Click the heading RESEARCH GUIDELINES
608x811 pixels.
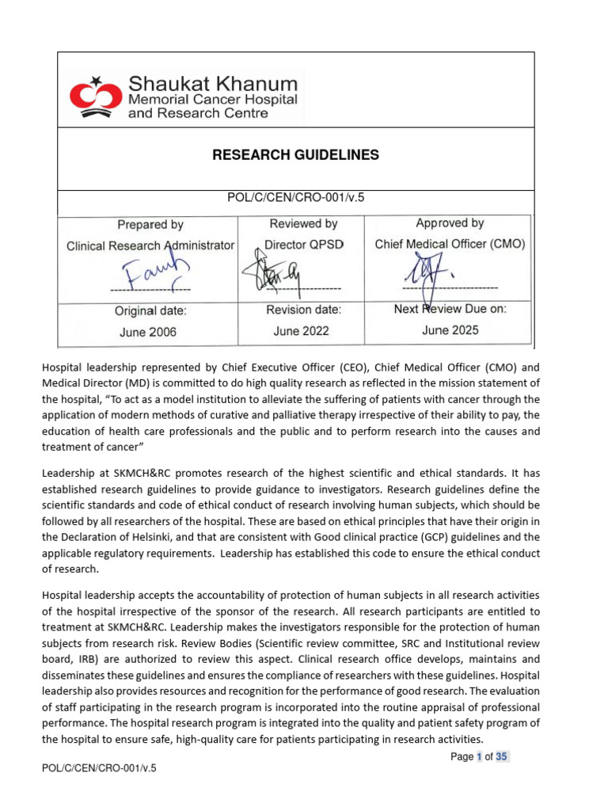pyautogui.click(x=295, y=155)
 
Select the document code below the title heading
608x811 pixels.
pyautogui.click(x=295, y=198)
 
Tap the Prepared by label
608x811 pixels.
pyautogui.click(x=150, y=225)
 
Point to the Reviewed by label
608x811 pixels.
pyautogui.click(x=303, y=224)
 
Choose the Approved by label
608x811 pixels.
pyautogui.click(x=450, y=223)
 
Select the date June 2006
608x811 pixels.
pyautogui.click(x=148, y=333)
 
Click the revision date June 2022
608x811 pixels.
pyautogui.click(x=301, y=331)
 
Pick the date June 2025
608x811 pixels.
pyautogui.click(x=450, y=330)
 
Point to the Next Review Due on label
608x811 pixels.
pyautogui.click(x=450, y=310)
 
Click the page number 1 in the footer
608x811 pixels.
pyautogui.click(x=479, y=756)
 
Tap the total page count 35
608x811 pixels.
pyautogui.click(x=502, y=756)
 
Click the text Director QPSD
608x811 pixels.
pyautogui.click(x=304, y=245)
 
